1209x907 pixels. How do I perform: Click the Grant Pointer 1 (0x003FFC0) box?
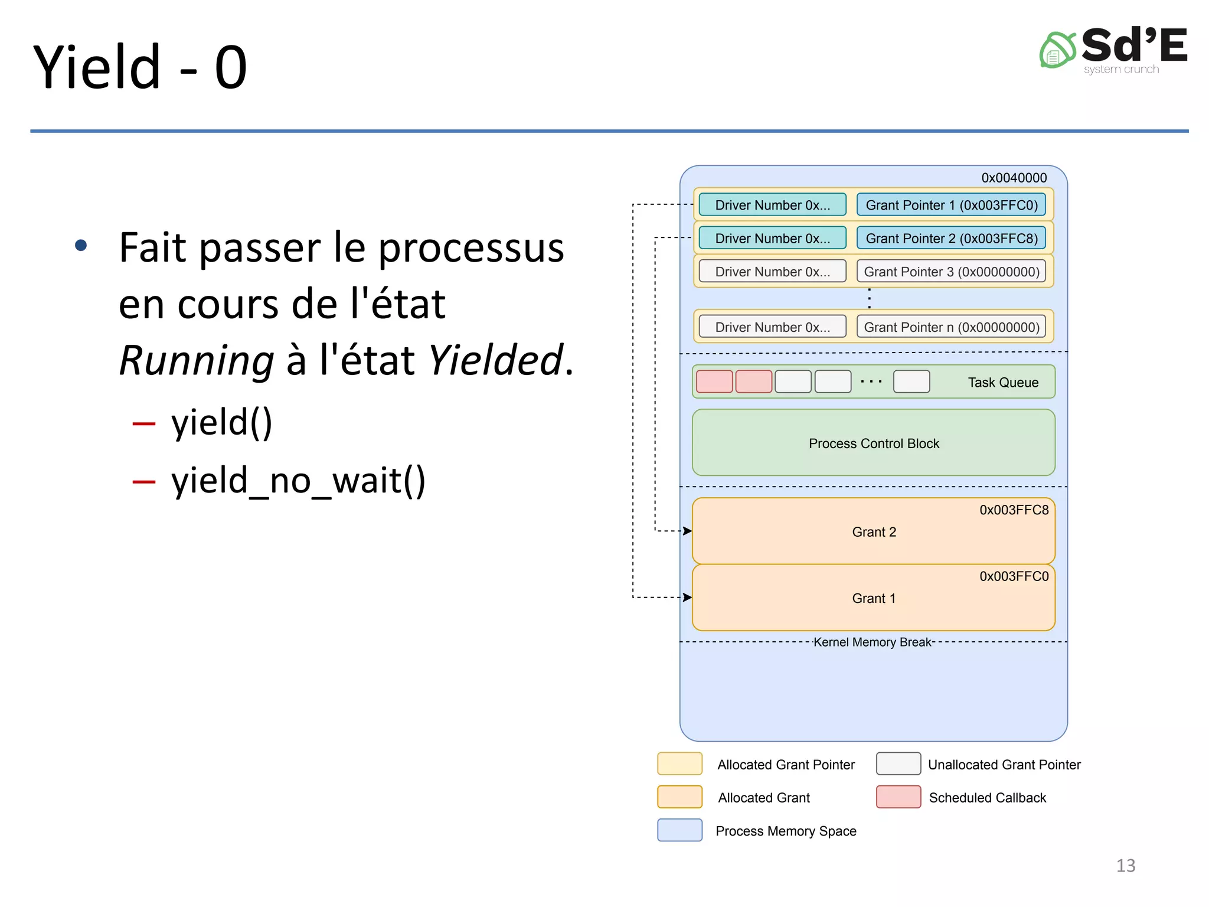pos(951,205)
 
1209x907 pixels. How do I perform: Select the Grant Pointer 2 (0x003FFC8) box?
pos(951,238)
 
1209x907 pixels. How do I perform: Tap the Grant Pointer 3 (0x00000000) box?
pos(951,272)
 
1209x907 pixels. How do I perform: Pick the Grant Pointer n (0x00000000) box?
pos(951,327)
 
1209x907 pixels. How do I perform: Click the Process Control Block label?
pos(874,443)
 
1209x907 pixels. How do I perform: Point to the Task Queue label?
pos(1003,383)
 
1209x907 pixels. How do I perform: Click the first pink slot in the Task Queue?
pos(714,381)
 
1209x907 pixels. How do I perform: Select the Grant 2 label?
pos(874,532)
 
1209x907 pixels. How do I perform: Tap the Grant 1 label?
pos(874,598)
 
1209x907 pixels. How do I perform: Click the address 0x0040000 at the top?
pos(1014,178)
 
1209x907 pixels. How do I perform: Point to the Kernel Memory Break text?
pos(872,642)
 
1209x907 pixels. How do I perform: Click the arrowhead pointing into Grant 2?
pos(687,531)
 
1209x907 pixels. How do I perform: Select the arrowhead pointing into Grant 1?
pos(687,598)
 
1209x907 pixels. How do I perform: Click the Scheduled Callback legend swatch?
pos(898,797)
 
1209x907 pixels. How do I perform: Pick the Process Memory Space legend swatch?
pos(679,830)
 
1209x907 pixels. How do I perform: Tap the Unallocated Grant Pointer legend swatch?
pos(898,764)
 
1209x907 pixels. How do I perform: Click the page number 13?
pos(1125,865)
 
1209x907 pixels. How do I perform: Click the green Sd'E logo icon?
pos(1057,51)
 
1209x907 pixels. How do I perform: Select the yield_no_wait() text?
pos(298,480)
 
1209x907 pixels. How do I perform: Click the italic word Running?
pos(197,360)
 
